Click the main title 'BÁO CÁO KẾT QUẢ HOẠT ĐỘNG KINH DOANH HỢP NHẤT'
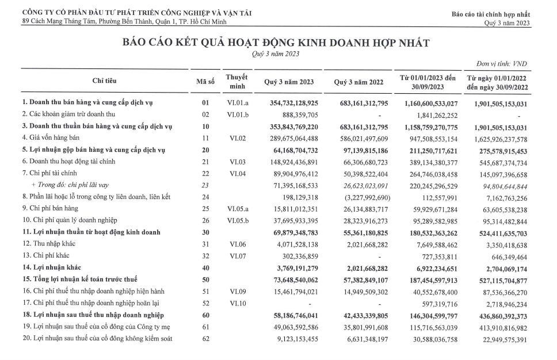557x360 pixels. coord(275,43)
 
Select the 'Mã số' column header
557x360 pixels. coord(205,82)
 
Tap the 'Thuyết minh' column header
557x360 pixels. coord(236,81)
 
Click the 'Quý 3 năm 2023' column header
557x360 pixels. coord(289,82)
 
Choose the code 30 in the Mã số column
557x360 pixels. coord(205,232)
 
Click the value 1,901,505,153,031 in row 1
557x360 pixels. coord(497,102)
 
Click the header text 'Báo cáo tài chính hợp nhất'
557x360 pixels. coord(491,13)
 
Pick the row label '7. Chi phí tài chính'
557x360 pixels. coord(46,173)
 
